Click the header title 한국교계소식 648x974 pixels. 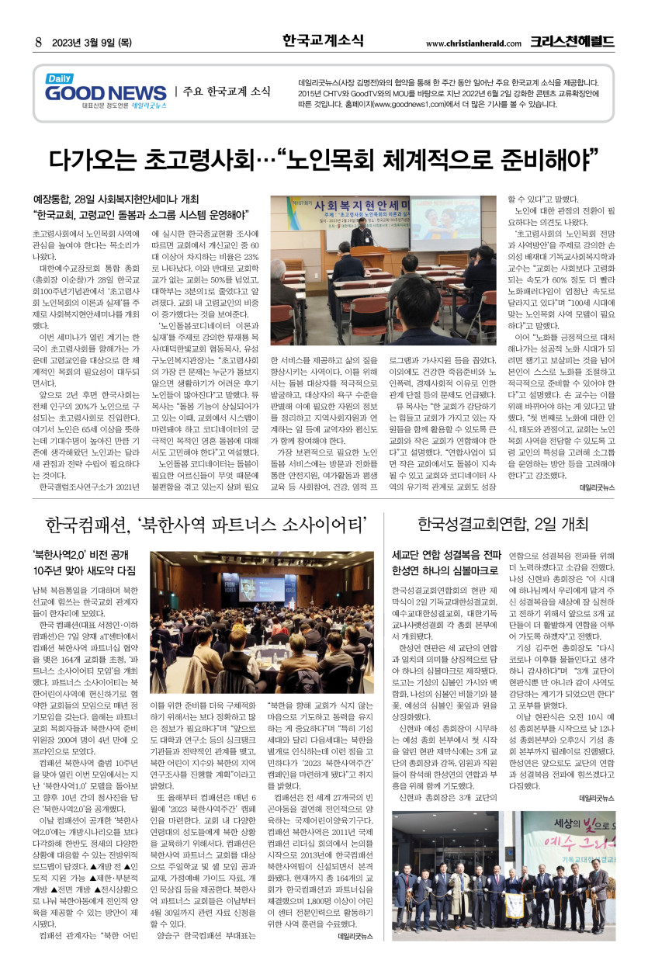pos(323,40)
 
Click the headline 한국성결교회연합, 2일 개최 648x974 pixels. pos(503,524)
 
